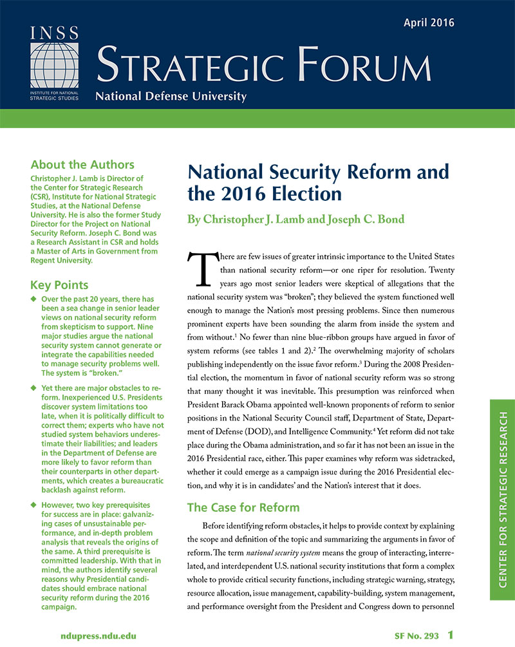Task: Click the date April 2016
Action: [x=429, y=23]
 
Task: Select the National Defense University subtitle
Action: [x=171, y=97]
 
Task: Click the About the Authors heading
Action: [x=82, y=164]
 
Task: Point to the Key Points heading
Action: [x=59, y=285]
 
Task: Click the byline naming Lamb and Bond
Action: [x=295, y=220]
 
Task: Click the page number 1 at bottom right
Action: [x=451, y=635]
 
